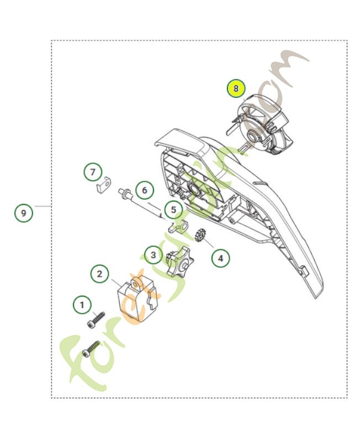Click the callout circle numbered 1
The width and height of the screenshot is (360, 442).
[x=82, y=304]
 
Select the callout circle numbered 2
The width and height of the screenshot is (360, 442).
[x=99, y=273]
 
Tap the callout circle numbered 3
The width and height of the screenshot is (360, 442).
[x=153, y=255]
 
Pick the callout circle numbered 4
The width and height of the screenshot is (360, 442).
[x=220, y=257]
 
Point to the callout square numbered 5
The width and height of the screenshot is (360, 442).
[x=173, y=210]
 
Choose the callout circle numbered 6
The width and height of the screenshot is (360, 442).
[x=144, y=191]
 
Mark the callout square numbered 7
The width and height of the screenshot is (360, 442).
[x=93, y=171]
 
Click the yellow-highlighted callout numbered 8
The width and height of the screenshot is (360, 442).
[x=236, y=88]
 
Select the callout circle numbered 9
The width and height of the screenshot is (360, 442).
[x=23, y=212]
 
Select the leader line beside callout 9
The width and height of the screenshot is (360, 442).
[x=42, y=206]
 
